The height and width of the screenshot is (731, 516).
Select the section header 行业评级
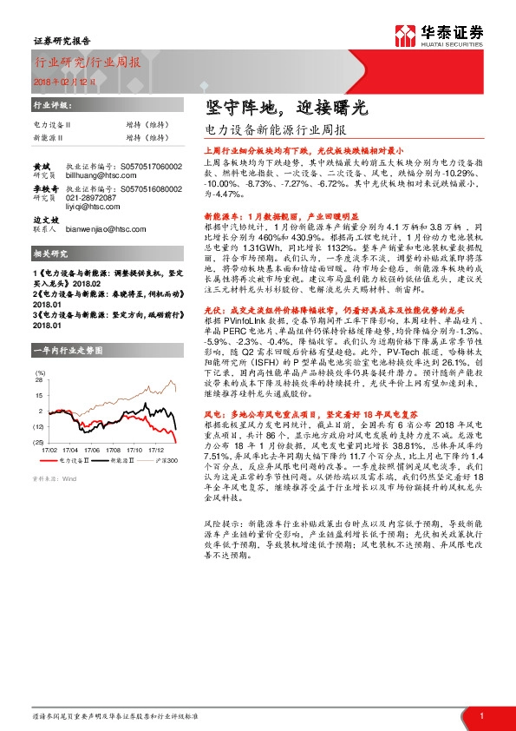49,105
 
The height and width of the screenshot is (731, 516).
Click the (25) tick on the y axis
38,443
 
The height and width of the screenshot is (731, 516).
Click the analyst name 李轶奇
44,187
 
